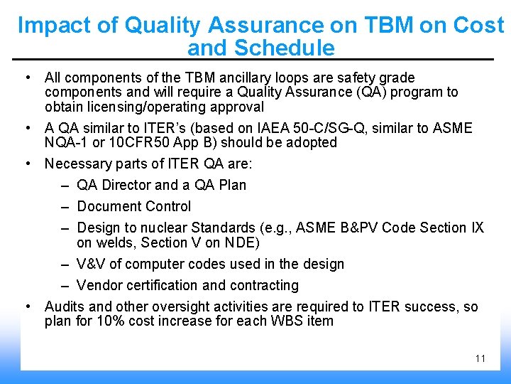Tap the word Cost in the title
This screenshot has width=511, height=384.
(x=478, y=26)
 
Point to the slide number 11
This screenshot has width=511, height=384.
(x=480, y=358)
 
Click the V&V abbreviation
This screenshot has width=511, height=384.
(x=91, y=264)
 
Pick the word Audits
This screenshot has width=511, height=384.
(x=65, y=306)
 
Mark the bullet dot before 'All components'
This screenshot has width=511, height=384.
(x=26, y=78)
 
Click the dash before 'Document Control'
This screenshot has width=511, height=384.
(x=64, y=206)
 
